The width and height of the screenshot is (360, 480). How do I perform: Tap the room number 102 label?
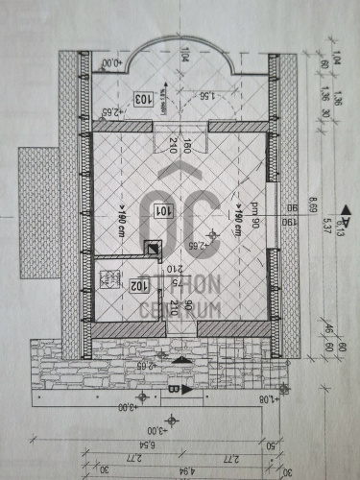pos(112,285)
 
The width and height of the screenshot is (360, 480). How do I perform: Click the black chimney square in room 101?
pos(152,247)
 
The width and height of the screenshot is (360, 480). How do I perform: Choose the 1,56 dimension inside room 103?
pos(204,96)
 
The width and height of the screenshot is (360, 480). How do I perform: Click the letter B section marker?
pos(173,390)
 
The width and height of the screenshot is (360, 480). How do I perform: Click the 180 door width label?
pos(188,146)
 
